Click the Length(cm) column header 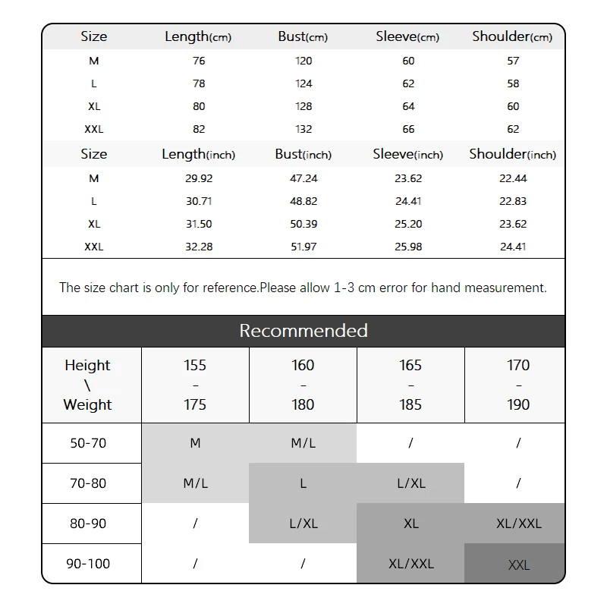(x=197, y=36)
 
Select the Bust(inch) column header (x=303, y=154)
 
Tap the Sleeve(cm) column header (x=407, y=36)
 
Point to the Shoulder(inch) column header (x=512, y=154)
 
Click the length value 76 (x=199, y=61)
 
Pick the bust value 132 (x=303, y=129)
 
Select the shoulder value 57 (x=513, y=61)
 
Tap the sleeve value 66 (x=408, y=129)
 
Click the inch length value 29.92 (x=199, y=178)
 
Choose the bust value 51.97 (x=303, y=247)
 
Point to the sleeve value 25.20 (x=408, y=224)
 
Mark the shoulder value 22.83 (x=513, y=201)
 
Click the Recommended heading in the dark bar (x=303, y=331)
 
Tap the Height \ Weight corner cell (x=88, y=385)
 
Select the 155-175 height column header (x=195, y=385)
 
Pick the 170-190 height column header (x=518, y=385)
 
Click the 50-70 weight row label (x=88, y=443)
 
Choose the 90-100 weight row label (x=88, y=564)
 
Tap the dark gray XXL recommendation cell (x=519, y=565)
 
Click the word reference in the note (x=230, y=288)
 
